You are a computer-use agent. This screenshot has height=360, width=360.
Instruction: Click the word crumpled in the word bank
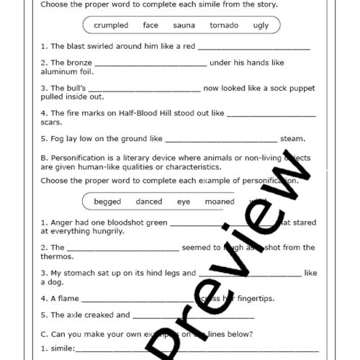pos(111,26)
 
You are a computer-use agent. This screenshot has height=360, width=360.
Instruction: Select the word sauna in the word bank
pos(184,26)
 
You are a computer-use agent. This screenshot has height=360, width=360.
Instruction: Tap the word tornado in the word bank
pos(224,26)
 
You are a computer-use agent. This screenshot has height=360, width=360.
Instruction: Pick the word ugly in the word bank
pos(261,26)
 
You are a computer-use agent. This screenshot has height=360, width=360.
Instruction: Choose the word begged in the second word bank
pos(107,202)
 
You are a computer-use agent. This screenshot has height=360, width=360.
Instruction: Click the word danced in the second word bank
pos(149,202)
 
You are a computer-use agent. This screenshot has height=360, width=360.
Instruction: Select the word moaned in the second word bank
pos(219,202)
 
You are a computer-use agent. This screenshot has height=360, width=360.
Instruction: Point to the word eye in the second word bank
pos(184,202)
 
